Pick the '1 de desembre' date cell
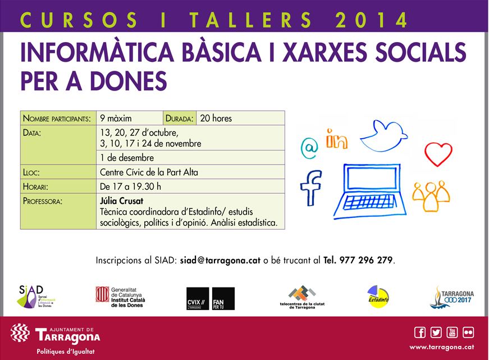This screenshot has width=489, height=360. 127,158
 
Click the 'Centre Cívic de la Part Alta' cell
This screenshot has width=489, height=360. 149,172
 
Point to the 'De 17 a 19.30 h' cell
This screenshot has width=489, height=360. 130,186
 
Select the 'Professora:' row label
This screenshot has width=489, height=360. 43,201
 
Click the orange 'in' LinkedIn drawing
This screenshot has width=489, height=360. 336,140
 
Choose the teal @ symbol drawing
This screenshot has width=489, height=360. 309,148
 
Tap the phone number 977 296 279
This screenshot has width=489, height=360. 367,261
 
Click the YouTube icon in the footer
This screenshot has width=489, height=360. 452,332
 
